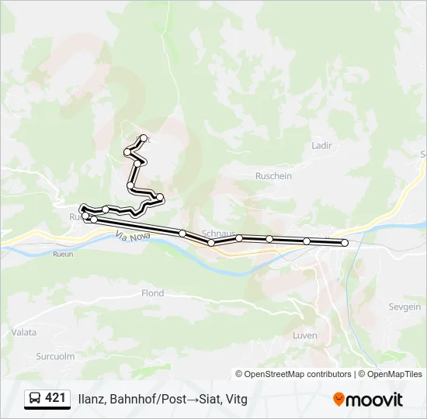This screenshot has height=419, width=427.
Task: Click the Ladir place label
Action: pos(321,145)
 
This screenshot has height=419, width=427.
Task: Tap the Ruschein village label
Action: pos(273,176)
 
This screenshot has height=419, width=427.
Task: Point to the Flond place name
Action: pos(152,293)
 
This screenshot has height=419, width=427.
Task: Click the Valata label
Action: pos(24,332)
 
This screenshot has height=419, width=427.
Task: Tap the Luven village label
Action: pos(305,334)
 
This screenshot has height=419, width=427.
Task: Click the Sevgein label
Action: pos(404,307)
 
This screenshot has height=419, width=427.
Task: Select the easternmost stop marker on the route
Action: pos(345,243)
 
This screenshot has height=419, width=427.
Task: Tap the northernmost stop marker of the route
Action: pos(144,138)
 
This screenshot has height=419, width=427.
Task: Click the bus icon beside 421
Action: pos(35,399)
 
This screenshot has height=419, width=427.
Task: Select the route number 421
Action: pos(56,398)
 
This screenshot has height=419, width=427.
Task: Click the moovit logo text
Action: pos(375,400)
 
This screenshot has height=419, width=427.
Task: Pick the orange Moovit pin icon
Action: pos(338,399)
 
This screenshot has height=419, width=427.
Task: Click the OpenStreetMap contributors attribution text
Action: pos(298,374)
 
